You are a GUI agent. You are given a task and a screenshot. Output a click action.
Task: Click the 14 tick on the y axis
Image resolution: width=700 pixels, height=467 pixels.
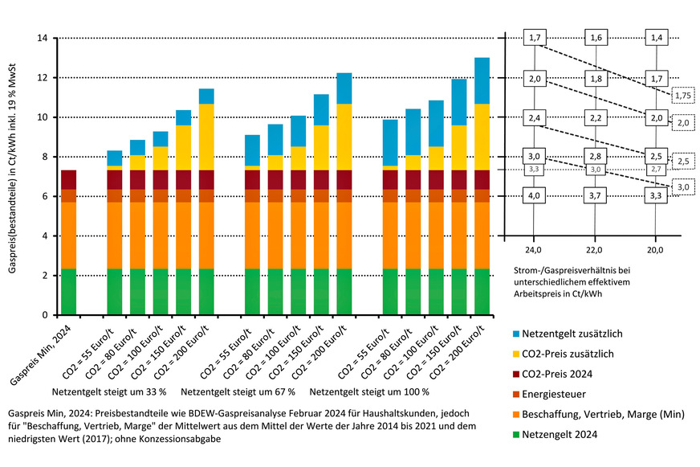[44, 38]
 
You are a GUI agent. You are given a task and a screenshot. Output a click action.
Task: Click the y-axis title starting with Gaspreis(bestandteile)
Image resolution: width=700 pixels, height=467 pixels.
[14, 176]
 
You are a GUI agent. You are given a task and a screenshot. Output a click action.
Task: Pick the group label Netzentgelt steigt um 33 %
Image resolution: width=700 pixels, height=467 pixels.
[108, 391]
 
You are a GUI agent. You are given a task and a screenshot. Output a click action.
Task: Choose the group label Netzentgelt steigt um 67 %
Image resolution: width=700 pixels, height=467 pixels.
[238, 391]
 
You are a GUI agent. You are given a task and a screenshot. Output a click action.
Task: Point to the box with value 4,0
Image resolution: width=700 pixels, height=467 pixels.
[534, 195]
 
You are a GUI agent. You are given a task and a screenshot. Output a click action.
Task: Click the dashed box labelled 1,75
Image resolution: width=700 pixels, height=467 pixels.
[683, 96]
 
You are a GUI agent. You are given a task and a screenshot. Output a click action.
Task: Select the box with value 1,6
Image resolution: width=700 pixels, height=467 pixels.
[596, 38]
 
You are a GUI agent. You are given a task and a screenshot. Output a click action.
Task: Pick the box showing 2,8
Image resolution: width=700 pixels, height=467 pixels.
[596, 156]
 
